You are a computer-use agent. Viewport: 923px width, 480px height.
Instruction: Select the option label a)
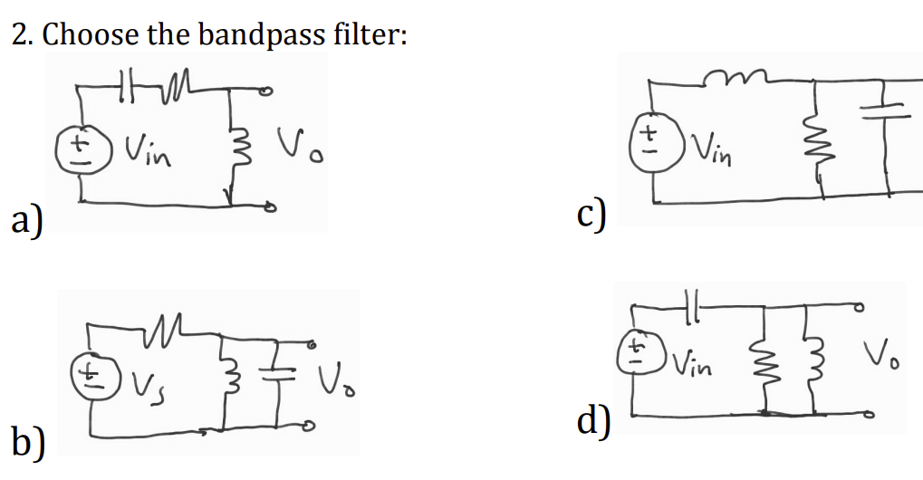click(28, 220)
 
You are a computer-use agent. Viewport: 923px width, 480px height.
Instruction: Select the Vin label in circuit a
click(144, 145)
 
